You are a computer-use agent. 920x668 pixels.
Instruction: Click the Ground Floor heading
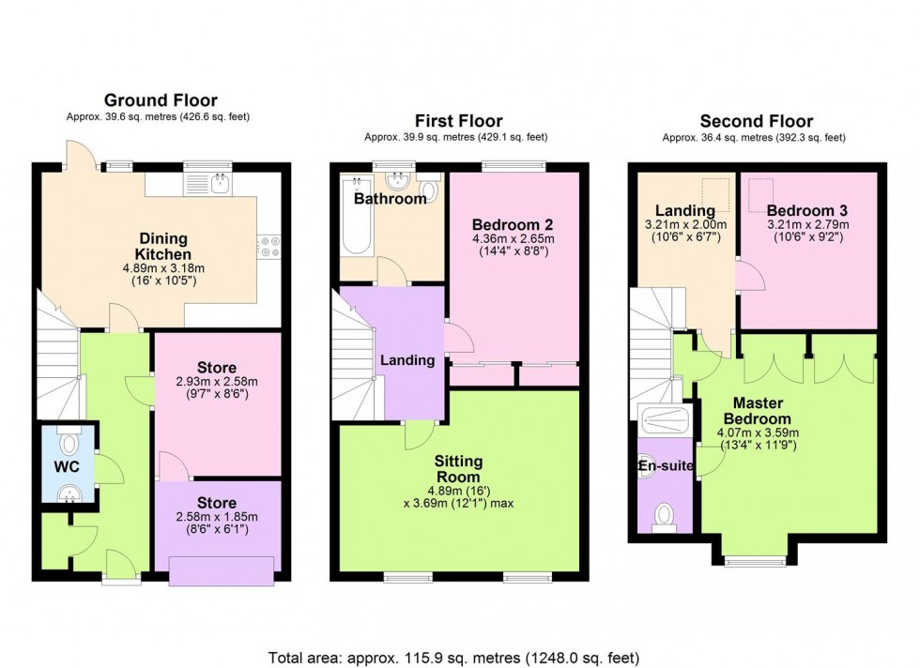tap(160, 100)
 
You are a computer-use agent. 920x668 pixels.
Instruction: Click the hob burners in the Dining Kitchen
tap(269, 245)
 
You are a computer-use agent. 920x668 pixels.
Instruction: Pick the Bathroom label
tap(390, 199)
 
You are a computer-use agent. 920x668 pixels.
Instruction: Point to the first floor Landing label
tap(407, 360)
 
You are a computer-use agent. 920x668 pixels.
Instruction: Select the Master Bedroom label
tap(756, 411)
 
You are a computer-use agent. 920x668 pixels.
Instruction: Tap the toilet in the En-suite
tap(665, 515)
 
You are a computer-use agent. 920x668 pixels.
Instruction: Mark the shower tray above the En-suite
tap(665, 418)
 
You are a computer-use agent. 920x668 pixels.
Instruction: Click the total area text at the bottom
tap(454, 656)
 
